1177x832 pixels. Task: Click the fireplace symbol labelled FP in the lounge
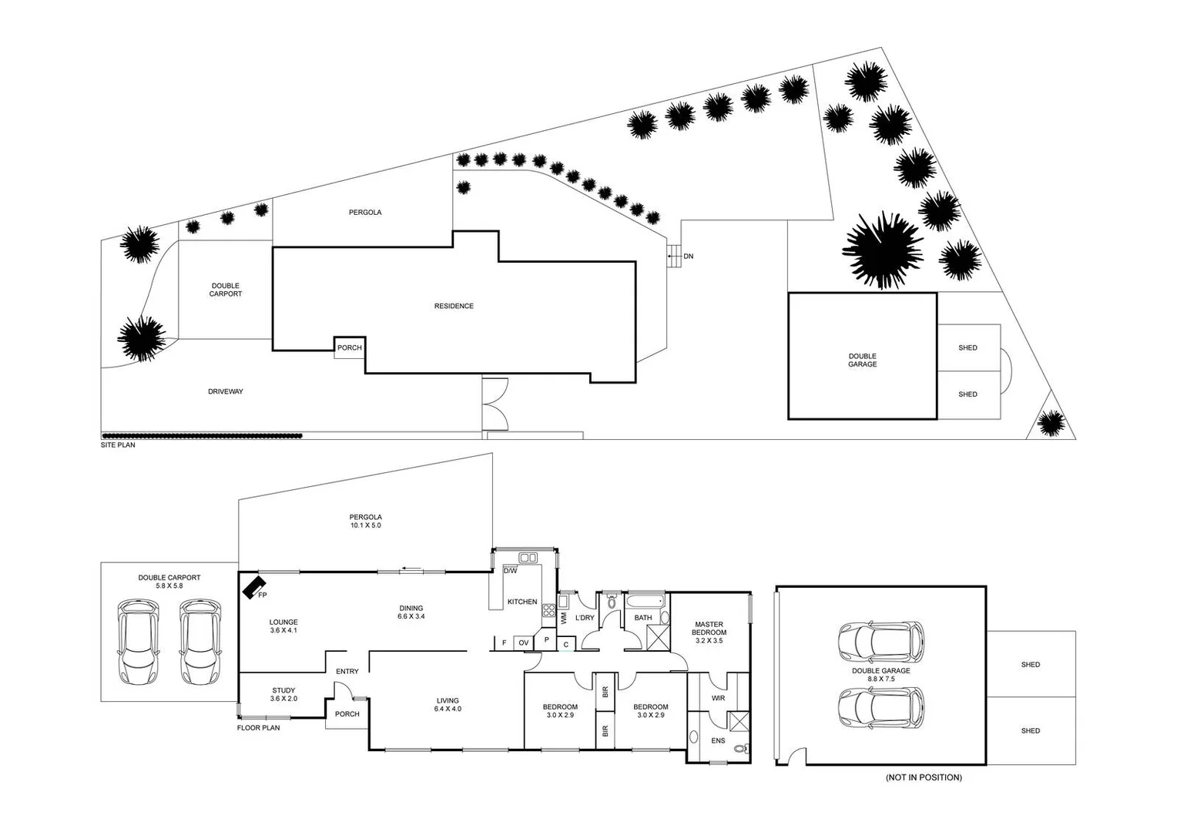pyautogui.click(x=253, y=588)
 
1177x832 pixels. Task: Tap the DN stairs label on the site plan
pyautogui.click(x=688, y=256)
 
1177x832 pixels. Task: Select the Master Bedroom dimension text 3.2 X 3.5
pyautogui.click(x=709, y=641)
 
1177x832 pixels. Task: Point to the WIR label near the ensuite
pyautogui.click(x=718, y=699)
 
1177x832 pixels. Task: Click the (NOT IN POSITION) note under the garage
pyautogui.click(x=924, y=777)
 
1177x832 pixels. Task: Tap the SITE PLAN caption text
pyautogui.click(x=118, y=445)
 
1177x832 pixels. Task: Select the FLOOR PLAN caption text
pyautogui.click(x=258, y=728)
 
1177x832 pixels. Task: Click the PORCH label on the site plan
pyautogui.click(x=349, y=347)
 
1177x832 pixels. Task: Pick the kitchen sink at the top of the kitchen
pyautogui.click(x=528, y=557)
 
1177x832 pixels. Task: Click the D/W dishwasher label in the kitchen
pyautogui.click(x=510, y=572)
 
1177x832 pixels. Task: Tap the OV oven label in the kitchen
pyautogui.click(x=524, y=642)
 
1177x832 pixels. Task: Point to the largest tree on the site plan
pyautogui.click(x=883, y=250)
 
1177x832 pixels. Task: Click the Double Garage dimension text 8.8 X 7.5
pyautogui.click(x=880, y=679)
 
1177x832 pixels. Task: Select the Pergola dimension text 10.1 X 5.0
pyautogui.click(x=365, y=525)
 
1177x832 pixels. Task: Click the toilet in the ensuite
pyautogui.click(x=740, y=748)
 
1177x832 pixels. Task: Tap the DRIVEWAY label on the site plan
pyautogui.click(x=225, y=391)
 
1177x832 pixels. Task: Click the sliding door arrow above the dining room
pyautogui.click(x=411, y=570)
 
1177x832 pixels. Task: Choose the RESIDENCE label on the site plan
pyautogui.click(x=454, y=306)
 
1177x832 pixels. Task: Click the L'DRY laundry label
pyautogui.click(x=585, y=618)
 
